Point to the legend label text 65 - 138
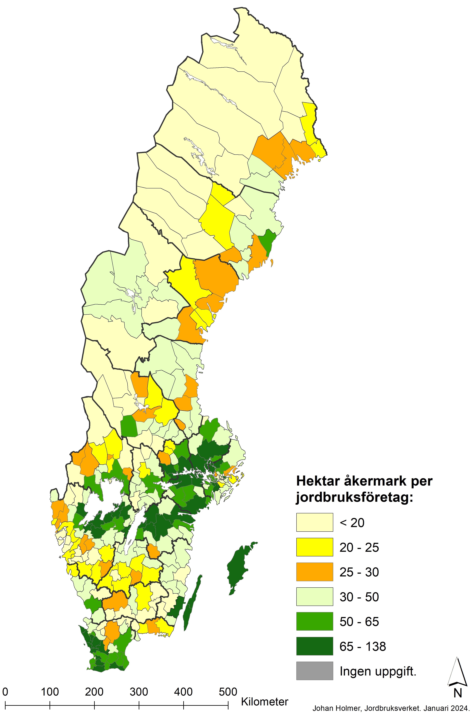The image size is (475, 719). tap(363, 647)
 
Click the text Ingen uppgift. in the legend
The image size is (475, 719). tap(378, 671)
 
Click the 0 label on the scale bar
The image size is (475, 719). tap(5, 692)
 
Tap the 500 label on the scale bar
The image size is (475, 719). tap(228, 692)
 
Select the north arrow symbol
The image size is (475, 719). tap(457, 674)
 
